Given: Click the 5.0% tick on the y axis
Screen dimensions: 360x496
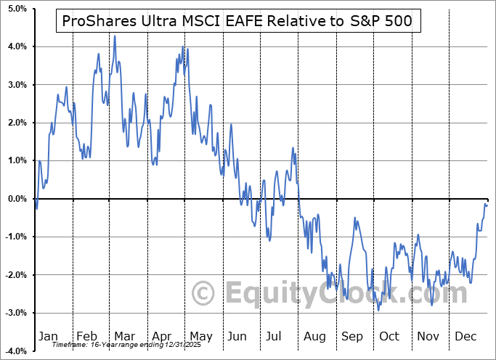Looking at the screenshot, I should click(17, 9).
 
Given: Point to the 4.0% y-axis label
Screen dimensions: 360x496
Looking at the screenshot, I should click(17, 46).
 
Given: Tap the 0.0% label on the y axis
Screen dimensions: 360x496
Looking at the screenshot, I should click(17, 199).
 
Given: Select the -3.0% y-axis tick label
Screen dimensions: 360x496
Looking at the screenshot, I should click(15, 313).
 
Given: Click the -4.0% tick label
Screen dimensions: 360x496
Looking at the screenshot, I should click(15, 351).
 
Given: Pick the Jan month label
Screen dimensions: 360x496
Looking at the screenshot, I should click(48, 336).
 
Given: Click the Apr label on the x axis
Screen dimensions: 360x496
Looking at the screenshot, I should click(162, 336).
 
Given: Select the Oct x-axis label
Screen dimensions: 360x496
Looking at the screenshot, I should click(389, 336).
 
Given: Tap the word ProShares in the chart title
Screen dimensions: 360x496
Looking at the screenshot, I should click(94, 22).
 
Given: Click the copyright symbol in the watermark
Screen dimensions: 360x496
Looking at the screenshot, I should click(204, 292).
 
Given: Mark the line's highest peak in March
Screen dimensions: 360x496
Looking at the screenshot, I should click(115, 36).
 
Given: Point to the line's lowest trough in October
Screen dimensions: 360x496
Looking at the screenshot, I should click(378, 311).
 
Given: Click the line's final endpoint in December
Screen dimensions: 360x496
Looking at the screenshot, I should click(487, 205).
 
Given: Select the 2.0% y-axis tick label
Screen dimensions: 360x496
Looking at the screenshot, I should click(17, 123).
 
